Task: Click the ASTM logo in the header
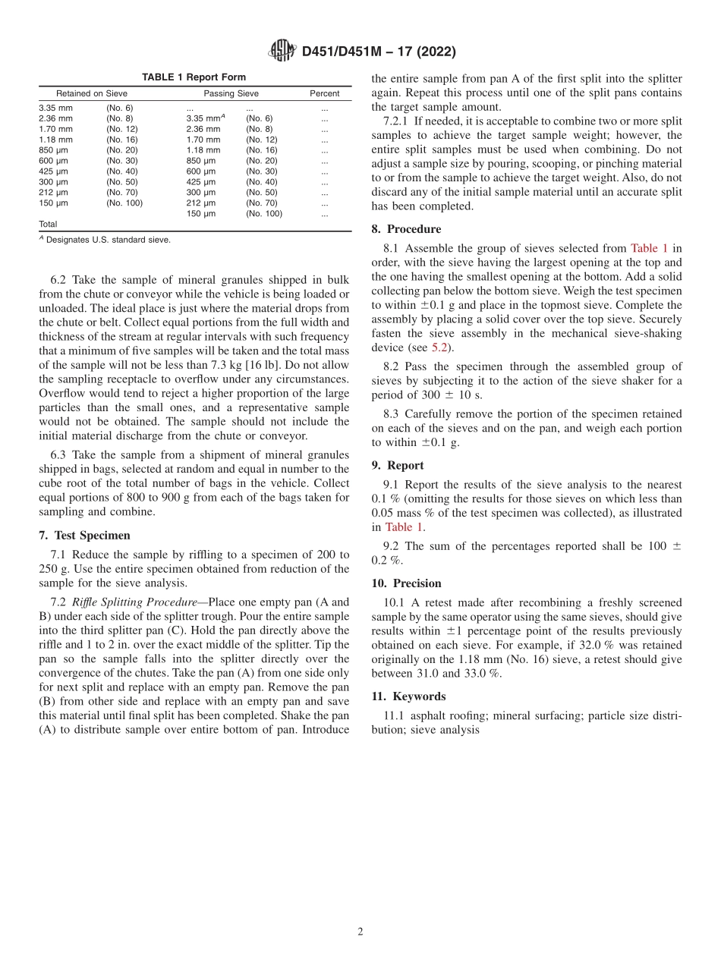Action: pyautogui.click(x=283, y=51)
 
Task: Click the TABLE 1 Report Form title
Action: pyautogui.click(x=194, y=77)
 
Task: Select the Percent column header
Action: pyautogui.click(x=324, y=94)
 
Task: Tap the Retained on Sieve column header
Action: pyautogui.click(x=92, y=94)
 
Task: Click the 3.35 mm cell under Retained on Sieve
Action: pyautogui.click(x=55, y=108)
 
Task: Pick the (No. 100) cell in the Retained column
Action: pyautogui.click(x=124, y=203)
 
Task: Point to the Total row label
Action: pyautogui.click(x=48, y=225)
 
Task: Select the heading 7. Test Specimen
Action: pyautogui.click(x=84, y=535)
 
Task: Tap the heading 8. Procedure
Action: pyautogui.click(x=406, y=229)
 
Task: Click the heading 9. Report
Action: pyautogui.click(x=398, y=466)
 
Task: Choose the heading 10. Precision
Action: pyautogui.click(x=406, y=583)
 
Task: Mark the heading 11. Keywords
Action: pyautogui.click(x=408, y=696)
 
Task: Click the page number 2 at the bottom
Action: pyautogui.click(x=360, y=932)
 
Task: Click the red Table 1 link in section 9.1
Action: pyautogui.click(x=403, y=527)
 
